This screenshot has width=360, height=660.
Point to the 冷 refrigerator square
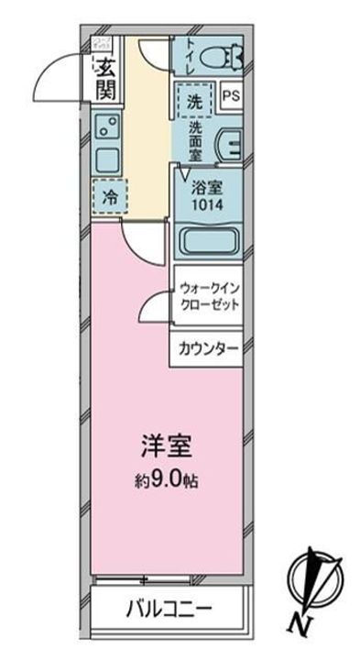pos(109,194)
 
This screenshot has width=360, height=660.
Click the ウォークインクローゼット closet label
pos(211,295)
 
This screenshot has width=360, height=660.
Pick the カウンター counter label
pos(209,349)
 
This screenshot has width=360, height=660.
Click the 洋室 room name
pos(165,452)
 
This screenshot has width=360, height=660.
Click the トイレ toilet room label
pos(189,53)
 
